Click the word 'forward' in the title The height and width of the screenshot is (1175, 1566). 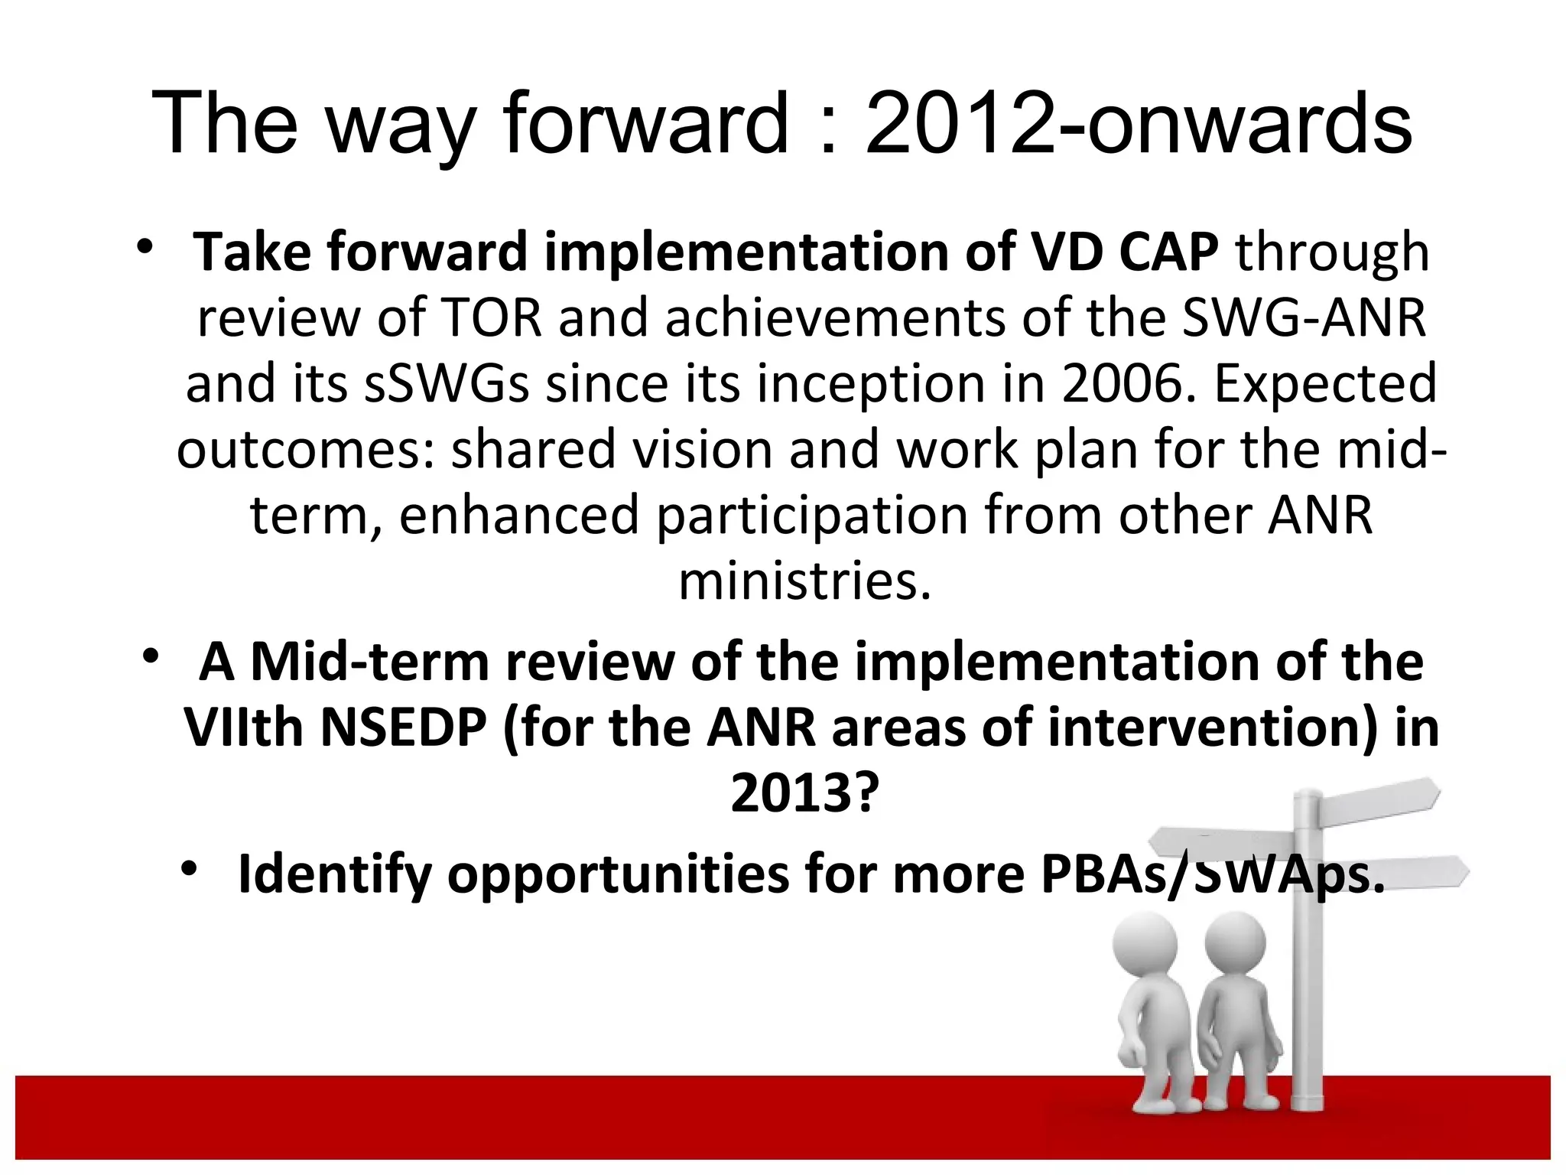point(646,122)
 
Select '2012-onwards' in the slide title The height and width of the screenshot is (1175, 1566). point(1138,122)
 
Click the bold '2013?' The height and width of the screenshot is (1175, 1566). point(801,793)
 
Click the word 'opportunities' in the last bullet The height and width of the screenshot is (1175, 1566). point(618,874)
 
